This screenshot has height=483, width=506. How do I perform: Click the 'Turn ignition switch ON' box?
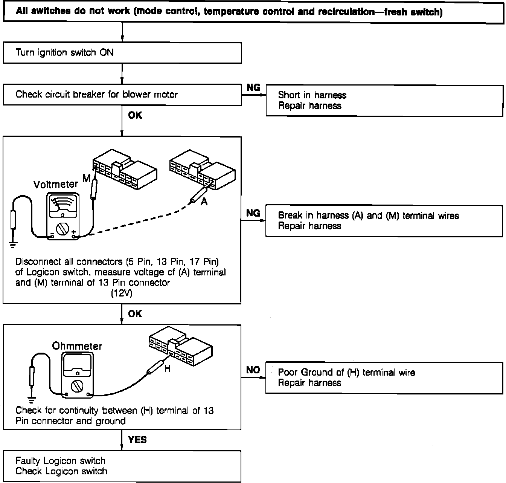tap(122, 52)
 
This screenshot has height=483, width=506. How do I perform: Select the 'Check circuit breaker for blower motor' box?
tap(122, 94)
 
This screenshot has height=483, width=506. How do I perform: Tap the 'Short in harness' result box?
tap(384, 100)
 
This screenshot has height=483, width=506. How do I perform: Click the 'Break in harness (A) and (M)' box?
tap(384, 221)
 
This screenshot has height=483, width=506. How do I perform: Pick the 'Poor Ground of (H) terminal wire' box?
tap(384, 378)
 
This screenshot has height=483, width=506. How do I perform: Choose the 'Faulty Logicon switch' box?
tap(122, 466)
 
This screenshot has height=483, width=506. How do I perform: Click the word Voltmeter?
tap(56, 184)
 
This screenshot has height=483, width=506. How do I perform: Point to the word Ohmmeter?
tap(77, 346)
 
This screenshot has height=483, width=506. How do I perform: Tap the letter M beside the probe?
tap(87, 178)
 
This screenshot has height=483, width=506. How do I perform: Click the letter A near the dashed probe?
tap(204, 202)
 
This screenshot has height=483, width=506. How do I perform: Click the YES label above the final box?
tap(137, 440)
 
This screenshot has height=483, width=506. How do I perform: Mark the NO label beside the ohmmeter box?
tap(253, 370)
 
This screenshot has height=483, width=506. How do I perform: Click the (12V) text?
tap(121, 293)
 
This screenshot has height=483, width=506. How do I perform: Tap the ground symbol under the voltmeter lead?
tap(13, 245)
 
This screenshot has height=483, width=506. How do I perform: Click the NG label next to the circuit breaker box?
tap(253, 87)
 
